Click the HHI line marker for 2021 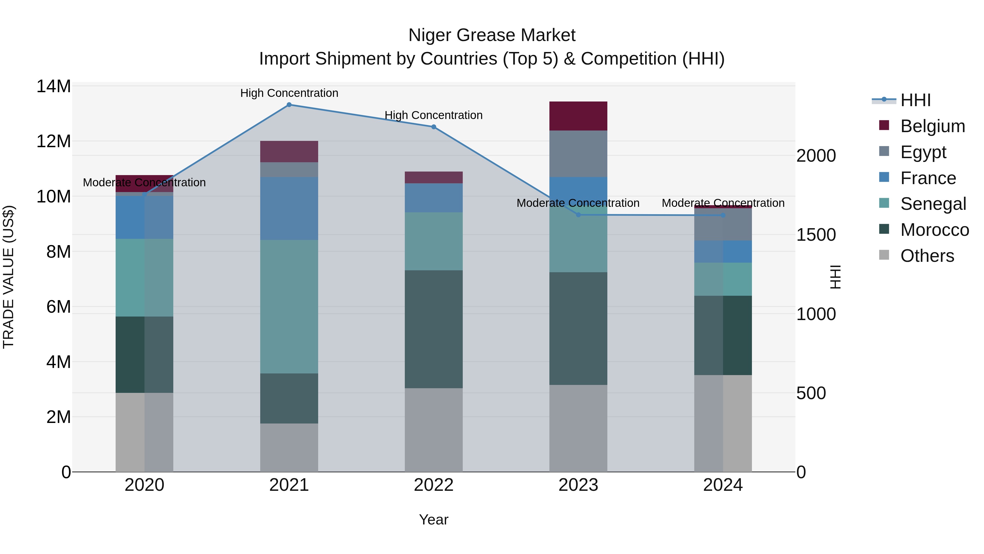tap(289, 105)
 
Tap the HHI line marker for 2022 tap(434, 127)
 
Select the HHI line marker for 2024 tap(723, 215)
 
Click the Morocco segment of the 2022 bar tap(434, 329)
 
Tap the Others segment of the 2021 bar tap(289, 447)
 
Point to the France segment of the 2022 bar tap(434, 198)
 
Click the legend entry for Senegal tap(933, 204)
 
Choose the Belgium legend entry tap(932, 126)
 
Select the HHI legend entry tap(915, 100)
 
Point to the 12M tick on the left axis tap(54, 141)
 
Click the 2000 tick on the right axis tap(816, 156)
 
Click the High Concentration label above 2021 tap(289, 93)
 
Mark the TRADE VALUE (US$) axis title tap(8, 277)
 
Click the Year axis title tap(434, 520)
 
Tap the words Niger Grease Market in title tap(492, 35)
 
